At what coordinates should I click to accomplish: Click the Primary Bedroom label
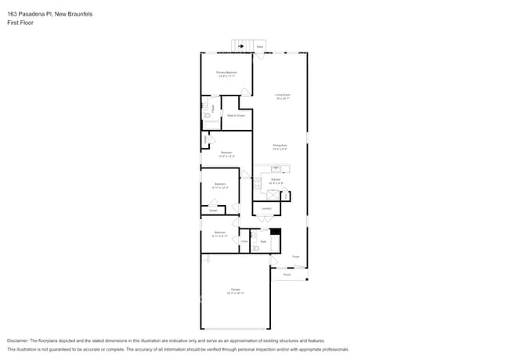(x=226, y=72)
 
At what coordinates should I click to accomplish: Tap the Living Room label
(x=283, y=95)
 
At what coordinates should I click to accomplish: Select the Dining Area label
(x=280, y=145)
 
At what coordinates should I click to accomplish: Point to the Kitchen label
(x=276, y=179)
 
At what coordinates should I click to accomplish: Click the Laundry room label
(x=266, y=208)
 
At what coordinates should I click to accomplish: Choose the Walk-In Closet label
(x=236, y=116)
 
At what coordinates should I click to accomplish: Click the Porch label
(x=287, y=275)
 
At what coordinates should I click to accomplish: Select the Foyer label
(x=296, y=256)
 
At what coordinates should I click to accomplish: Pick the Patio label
(x=260, y=47)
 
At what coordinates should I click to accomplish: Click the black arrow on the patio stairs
(x=241, y=46)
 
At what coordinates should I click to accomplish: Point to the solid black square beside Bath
(x=275, y=232)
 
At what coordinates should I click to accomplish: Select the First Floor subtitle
(x=20, y=23)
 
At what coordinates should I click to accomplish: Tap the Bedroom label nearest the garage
(x=219, y=232)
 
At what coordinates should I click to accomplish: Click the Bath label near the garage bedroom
(x=263, y=242)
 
